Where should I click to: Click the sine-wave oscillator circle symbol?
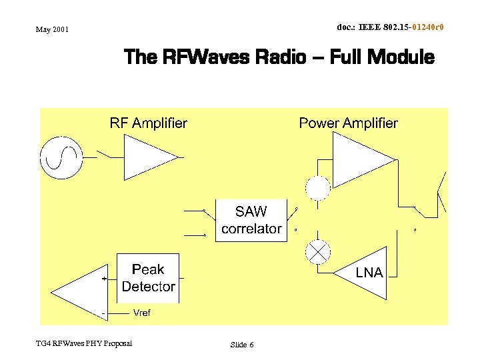click(61, 157)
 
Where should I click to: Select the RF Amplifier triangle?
click(145, 157)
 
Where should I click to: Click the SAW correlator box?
click(251, 220)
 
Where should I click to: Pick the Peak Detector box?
click(148, 278)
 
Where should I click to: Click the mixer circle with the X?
click(318, 251)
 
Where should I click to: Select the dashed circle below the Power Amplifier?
click(318, 188)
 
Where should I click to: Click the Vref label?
click(142, 313)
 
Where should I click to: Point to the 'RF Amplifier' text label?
click(148, 123)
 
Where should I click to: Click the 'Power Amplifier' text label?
click(348, 123)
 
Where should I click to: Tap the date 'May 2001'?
click(52, 29)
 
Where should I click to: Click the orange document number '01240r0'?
click(428, 27)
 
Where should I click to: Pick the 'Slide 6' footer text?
click(242, 345)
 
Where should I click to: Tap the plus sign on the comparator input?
click(103, 279)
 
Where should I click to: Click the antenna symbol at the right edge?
click(441, 193)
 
